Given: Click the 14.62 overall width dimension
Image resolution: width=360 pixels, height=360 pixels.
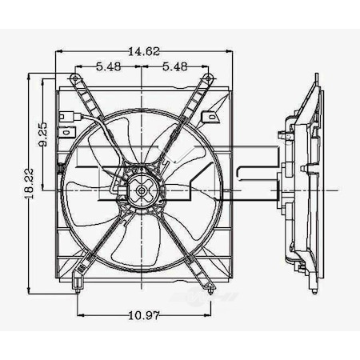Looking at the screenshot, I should (142, 51).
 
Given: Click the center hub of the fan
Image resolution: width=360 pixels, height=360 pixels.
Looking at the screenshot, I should (142, 190).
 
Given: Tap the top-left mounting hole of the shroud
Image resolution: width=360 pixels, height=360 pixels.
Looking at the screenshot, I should (76, 78).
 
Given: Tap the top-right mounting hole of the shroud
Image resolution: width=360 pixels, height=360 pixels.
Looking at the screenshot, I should (209, 78).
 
